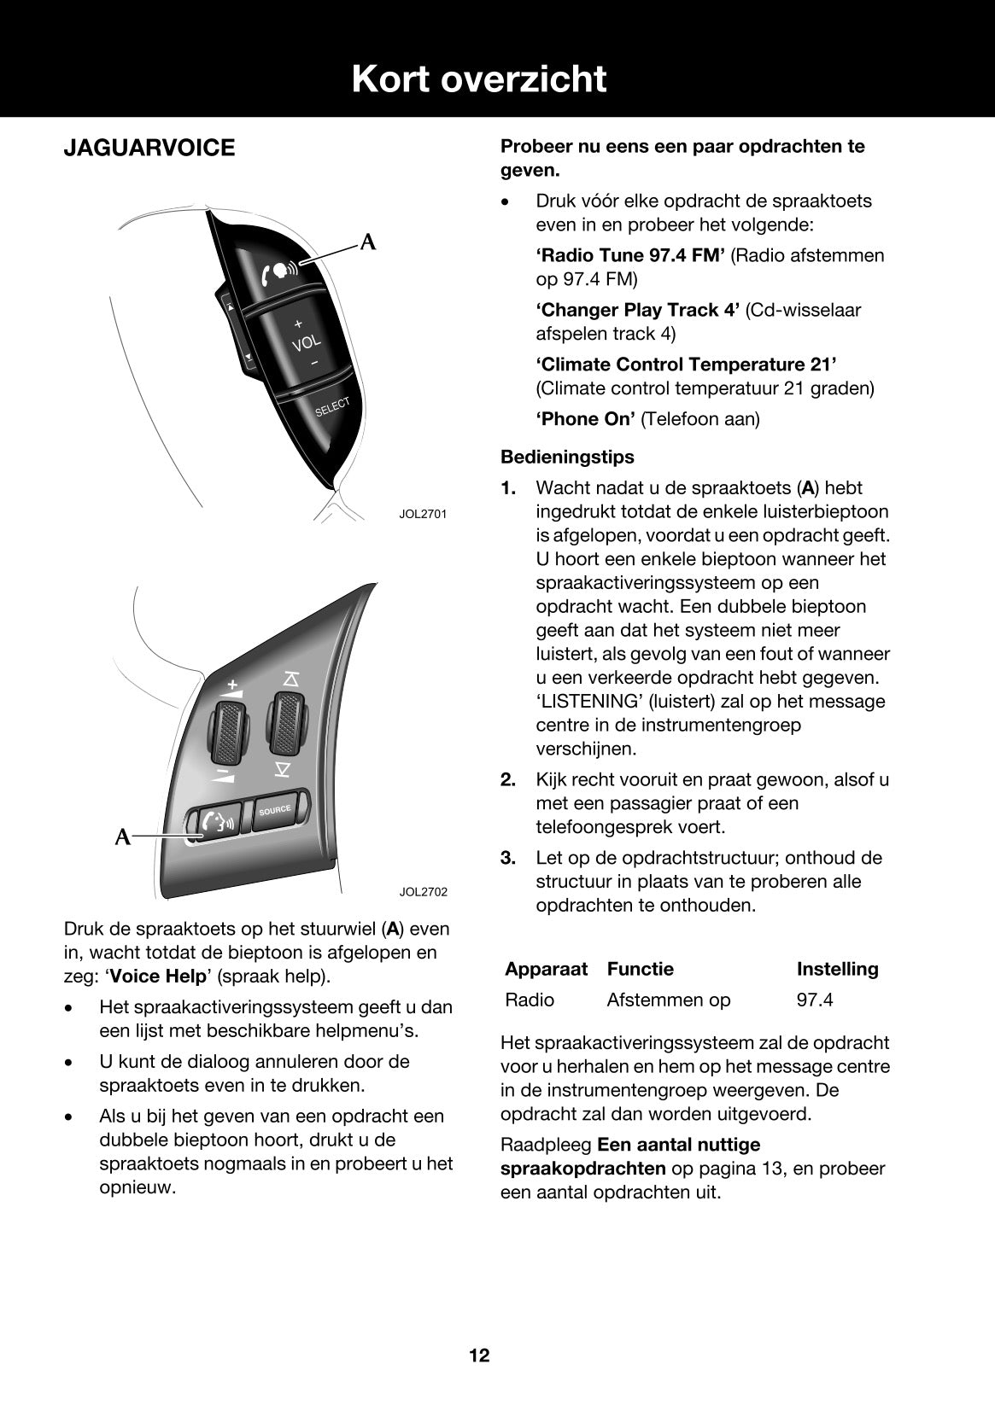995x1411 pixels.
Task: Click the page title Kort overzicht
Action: (479, 79)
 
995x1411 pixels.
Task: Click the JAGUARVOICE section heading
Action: (149, 148)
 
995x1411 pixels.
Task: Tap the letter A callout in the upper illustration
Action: (368, 242)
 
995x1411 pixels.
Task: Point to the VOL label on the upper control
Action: (307, 342)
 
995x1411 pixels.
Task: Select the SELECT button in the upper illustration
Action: (332, 407)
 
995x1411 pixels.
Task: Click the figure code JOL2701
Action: (423, 514)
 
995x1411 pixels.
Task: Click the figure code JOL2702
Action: (423, 892)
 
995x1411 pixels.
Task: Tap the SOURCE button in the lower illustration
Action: (275, 809)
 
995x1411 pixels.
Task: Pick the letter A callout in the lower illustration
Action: (124, 837)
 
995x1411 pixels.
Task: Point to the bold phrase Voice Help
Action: (158, 976)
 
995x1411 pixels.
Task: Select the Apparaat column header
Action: (546, 969)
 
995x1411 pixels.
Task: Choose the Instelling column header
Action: (837, 969)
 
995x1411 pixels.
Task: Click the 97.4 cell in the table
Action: (815, 1000)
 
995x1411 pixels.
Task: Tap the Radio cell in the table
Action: (530, 1000)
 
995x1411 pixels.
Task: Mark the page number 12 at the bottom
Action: (479, 1356)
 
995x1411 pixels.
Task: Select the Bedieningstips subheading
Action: (567, 457)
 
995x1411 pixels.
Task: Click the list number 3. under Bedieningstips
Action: (508, 858)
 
